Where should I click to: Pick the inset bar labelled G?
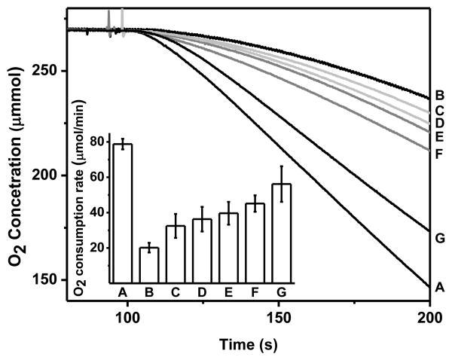(281, 233)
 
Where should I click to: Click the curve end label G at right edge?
(440, 239)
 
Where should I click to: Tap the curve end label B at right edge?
(440, 96)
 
